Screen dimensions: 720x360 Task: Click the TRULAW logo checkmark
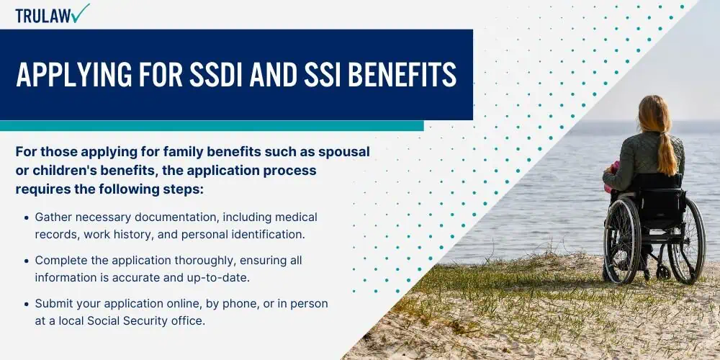pyautogui.click(x=81, y=13)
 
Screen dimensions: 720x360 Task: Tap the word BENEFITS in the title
pyautogui.click(x=402, y=74)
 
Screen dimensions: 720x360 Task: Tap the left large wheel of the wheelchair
pyautogui.click(x=622, y=240)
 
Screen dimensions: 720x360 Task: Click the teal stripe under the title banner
pyautogui.click(x=212, y=126)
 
